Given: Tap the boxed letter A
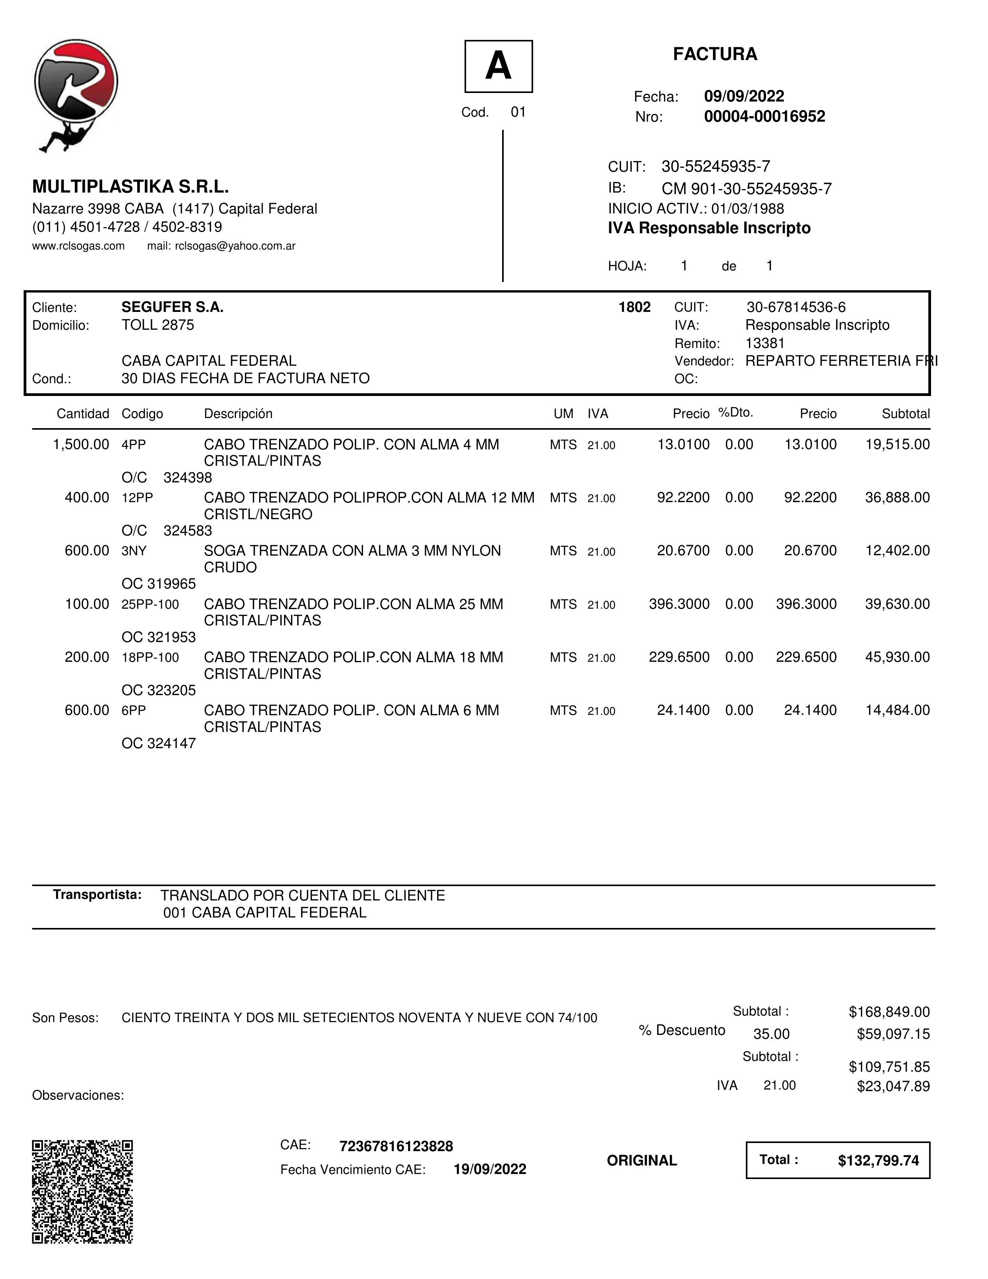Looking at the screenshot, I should [498, 66].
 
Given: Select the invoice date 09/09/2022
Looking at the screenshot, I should [744, 96].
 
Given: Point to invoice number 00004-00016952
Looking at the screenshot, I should [764, 117].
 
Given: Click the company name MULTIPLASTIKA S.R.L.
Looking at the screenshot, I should [130, 187].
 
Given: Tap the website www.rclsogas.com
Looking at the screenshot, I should [79, 246].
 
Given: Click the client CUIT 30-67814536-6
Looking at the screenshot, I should [796, 308].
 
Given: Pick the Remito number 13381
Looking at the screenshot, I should [765, 343].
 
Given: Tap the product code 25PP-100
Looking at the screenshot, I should [150, 604].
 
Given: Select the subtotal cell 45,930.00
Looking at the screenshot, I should [897, 658].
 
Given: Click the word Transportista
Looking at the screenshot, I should [97, 895].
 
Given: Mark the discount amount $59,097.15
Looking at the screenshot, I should [893, 1034].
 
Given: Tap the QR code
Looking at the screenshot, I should [83, 1192].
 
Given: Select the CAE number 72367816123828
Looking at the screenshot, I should [396, 1146].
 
